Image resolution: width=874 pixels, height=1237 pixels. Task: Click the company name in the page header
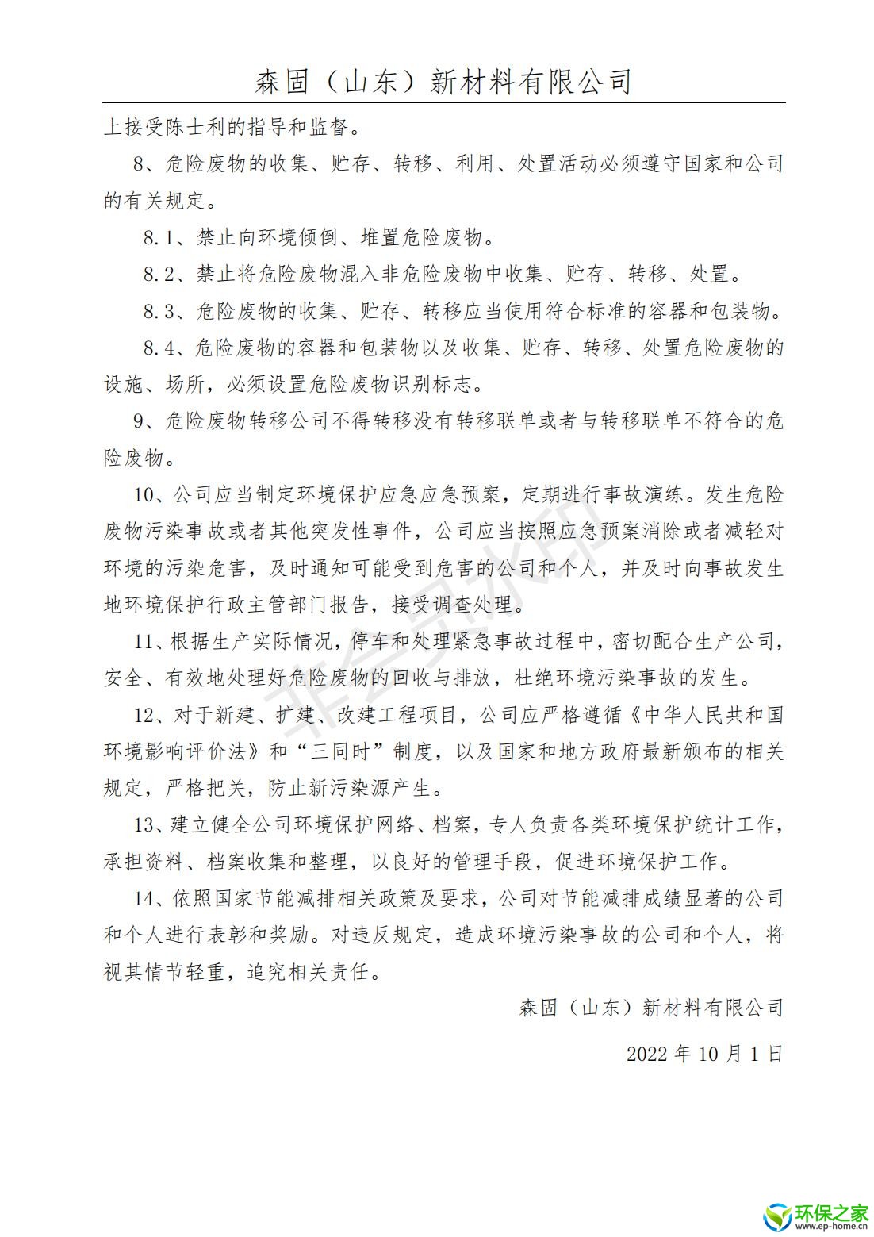(x=443, y=82)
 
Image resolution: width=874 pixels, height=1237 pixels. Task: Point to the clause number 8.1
(x=163, y=237)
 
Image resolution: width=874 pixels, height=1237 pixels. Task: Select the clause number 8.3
(x=163, y=311)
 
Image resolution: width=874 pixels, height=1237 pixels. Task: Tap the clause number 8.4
(x=163, y=348)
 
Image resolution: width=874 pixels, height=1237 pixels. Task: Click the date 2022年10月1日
(x=704, y=1054)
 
